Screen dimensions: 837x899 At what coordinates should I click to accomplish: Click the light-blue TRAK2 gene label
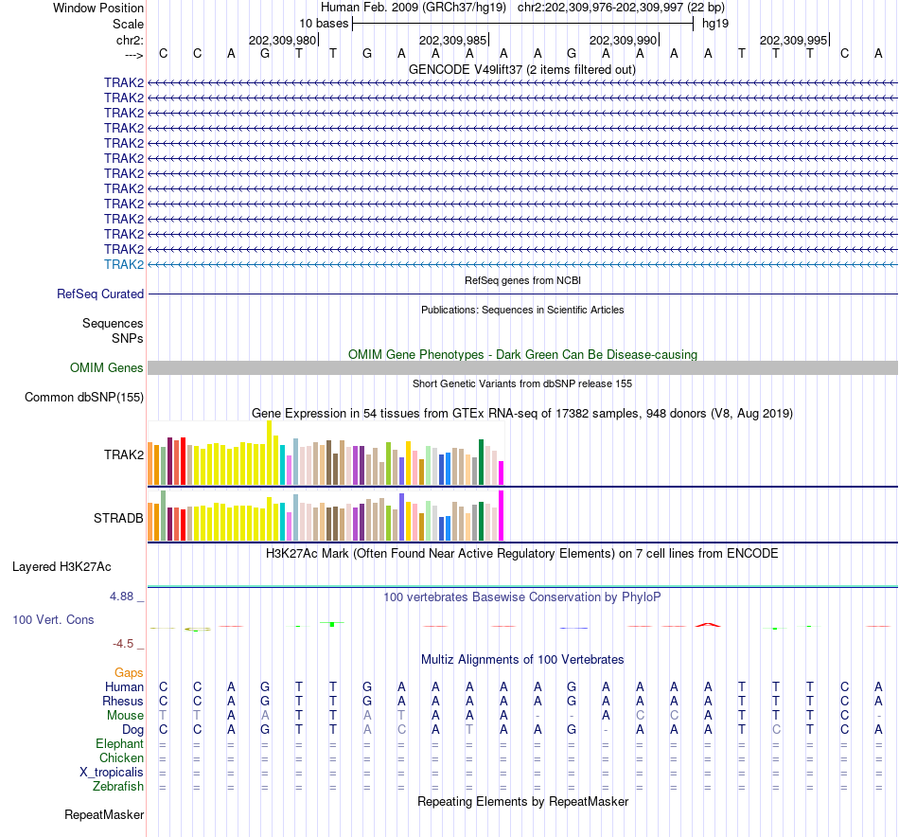tap(124, 264)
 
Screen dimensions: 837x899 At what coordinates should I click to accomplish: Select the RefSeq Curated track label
tap(100, 294)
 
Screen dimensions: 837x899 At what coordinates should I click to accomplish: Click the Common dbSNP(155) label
tap(84, 398)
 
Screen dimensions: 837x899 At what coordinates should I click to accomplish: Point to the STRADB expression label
tap(118, 519)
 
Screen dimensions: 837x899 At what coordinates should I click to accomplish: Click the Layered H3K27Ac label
tap(62, 567)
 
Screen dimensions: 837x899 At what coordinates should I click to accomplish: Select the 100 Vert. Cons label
tap(53, 619)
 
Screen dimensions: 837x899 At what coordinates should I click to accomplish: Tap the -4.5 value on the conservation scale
tap(125, 644)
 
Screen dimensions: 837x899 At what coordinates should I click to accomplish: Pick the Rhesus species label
tap(123, 702)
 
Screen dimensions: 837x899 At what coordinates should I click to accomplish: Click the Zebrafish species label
tap(118, 787)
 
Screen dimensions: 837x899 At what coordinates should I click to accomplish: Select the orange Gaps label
tap(129, 672)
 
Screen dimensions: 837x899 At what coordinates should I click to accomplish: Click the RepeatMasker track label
tap(104, 815)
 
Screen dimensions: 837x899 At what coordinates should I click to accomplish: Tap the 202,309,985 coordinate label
tap(452, 41)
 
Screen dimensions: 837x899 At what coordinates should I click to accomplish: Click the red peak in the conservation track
tap(707, 624)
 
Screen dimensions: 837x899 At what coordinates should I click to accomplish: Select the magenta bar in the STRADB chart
tap(502, 515)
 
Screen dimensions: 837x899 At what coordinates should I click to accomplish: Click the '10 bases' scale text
tap(324, 23)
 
